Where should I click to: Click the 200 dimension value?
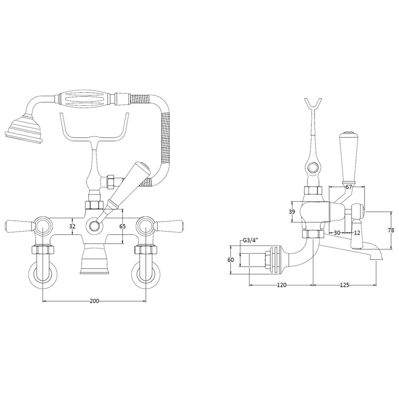coord(94,301)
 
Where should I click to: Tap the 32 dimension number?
coord(73,226)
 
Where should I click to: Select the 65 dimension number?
coord(122,226)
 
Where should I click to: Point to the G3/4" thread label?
coord(251,240)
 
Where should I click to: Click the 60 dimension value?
coord(231,260)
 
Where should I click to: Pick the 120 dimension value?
coord(282,285)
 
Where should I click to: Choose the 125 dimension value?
coord(344,285)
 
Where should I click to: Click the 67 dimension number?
coord(349,187)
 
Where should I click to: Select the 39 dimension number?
coord(292,212)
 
